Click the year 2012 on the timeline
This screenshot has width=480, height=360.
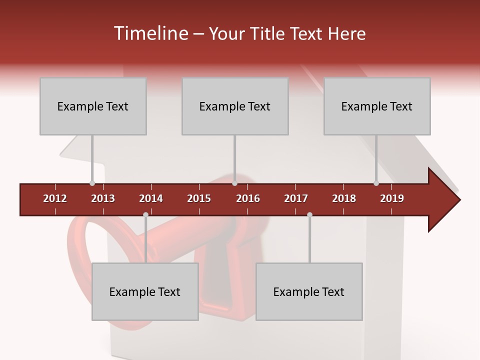point(55,198)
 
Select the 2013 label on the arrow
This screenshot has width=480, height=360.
point(103,198)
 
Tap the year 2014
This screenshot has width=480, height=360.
point(151,198)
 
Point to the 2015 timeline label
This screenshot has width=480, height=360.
point(199,198)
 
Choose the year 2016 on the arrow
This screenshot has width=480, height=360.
point(248,198)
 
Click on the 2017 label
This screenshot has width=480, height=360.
point(296,198)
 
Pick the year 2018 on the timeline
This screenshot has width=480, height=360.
point(344,198)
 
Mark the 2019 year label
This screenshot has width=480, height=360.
point(392,198)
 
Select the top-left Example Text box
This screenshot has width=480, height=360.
point(93,106)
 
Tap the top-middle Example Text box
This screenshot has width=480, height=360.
point(235,106)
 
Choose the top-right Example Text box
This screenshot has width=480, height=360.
point(377,106)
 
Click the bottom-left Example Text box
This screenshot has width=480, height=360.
point(145,291)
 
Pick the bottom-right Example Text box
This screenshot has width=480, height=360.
point(309,291)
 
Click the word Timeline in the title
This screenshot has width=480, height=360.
point(150,33)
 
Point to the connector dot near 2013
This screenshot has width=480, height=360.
point(92,183)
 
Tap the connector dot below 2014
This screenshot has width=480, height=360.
point(145,215)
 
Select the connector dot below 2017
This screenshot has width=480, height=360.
point(309,215)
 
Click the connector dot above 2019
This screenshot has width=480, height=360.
point(376,183)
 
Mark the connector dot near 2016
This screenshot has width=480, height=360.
point(234,183)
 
